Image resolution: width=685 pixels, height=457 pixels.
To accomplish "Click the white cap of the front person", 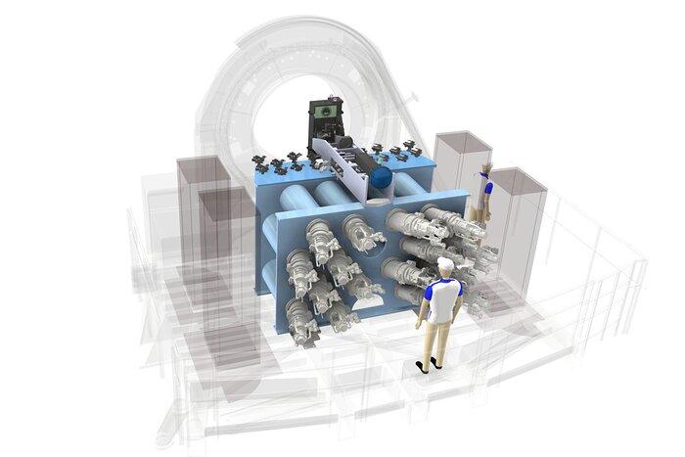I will pyautogui.click(x=445, y=264).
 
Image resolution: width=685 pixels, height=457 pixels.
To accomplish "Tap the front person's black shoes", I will pyautogui.click(x=429, y=364).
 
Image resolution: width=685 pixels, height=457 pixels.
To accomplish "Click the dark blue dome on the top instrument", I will pyautogui.click(x=380, y=178).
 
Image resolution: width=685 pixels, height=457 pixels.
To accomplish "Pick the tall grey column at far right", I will pyautogui.click(x=517, y=225).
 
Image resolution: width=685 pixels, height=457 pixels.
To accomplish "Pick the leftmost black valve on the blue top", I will pyautogui.click(x=259, y=160).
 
